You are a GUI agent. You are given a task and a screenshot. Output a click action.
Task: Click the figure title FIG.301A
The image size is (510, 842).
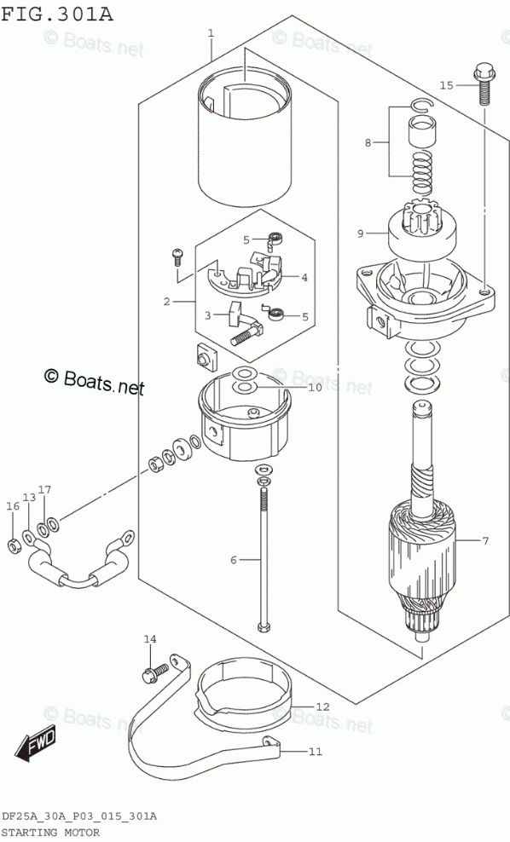click(57, 14)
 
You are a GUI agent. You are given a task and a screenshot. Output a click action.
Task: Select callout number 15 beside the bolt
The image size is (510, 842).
click(447, 85)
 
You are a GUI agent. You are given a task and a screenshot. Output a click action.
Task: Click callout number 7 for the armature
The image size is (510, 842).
click(485, 541)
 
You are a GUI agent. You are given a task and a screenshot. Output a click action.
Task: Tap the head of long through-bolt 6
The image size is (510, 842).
click(264, 626)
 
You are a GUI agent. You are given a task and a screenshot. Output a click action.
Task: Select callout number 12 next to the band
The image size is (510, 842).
click(322, 706)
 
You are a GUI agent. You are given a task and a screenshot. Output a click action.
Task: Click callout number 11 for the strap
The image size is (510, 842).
click(316, 751)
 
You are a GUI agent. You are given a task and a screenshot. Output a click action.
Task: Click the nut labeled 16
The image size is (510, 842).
click(14, 546)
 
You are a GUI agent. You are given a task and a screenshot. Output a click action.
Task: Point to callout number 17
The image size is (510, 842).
click(44, 490)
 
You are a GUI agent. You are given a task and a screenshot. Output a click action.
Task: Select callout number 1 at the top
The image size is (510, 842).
click(212, 33)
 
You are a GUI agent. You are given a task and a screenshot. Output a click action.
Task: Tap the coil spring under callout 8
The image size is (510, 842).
click(422, 172)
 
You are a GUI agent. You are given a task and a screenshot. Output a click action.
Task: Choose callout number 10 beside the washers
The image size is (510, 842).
click(315, 387)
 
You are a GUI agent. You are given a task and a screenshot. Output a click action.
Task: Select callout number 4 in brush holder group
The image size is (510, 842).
click(304, 278)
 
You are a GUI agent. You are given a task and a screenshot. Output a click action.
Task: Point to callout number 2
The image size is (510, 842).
click(166, 302)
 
